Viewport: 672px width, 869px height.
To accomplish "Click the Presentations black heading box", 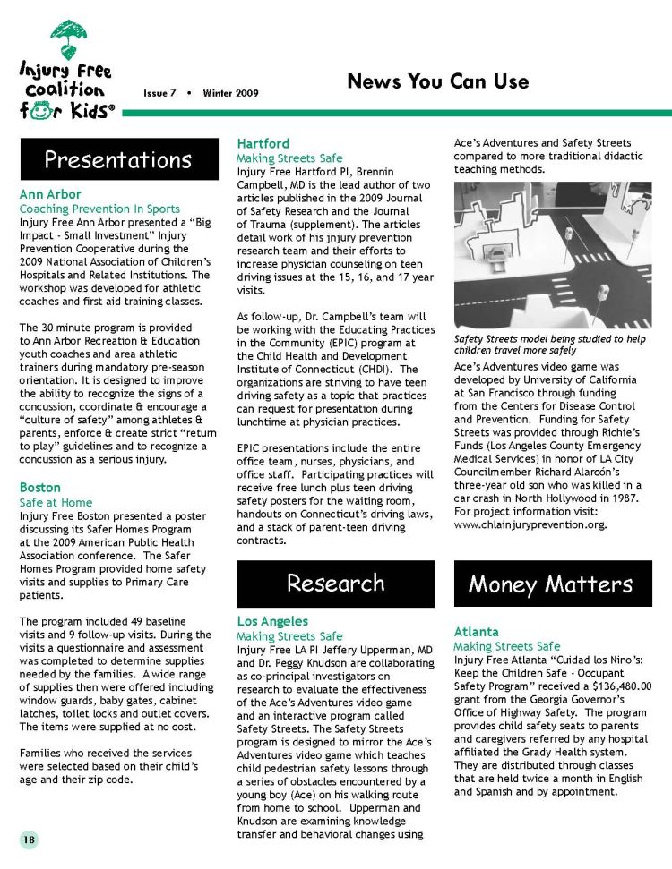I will (119, 160).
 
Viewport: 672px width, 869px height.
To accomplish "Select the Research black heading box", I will (336, 584).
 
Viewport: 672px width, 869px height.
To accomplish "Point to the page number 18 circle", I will (30, 839).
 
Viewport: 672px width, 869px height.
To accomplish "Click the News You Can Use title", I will (437, 82).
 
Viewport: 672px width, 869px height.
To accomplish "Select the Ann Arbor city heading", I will (50, 194).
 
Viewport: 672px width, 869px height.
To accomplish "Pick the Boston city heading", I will (40, 488).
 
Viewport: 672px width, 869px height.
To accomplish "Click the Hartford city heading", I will (263, 143).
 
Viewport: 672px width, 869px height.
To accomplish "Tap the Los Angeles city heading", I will (272, 621).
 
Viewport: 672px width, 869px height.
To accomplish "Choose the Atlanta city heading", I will (477, 632).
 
